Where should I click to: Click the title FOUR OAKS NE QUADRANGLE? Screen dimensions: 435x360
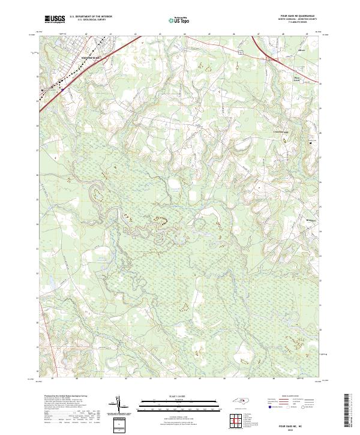298,16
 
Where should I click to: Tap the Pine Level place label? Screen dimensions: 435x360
295,78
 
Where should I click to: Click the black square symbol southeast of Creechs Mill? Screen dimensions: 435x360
310,143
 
